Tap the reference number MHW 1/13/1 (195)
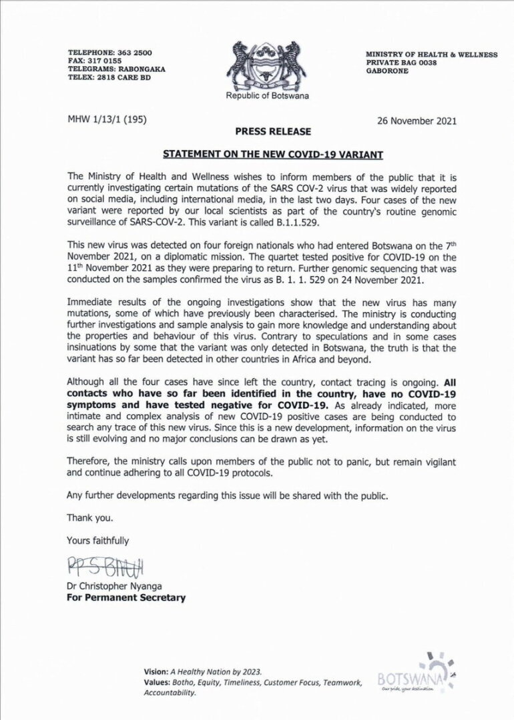click(107, 120)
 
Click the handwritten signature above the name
click(105, 567)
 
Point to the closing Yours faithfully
click(97, 539)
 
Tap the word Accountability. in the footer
click(170, 693)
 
